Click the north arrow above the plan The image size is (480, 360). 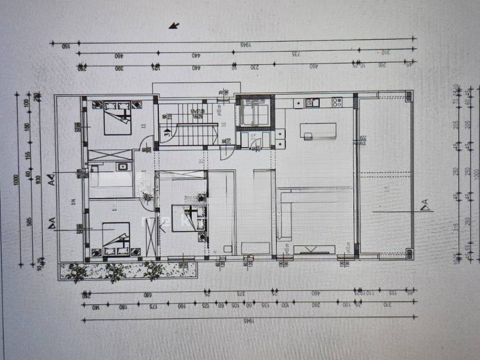point(174,26)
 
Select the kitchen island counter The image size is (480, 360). point(318,131)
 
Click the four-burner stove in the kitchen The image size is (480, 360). point(337,102)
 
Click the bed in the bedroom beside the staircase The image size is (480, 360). point(118,117)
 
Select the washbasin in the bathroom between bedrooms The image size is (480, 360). point(123,166)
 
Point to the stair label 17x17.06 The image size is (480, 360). point(197,111)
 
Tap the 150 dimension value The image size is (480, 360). point(65,45)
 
